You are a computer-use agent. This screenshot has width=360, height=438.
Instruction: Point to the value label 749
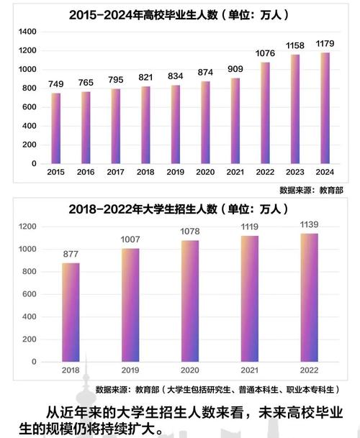pos(55,84)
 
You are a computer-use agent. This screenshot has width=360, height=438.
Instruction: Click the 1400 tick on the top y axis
pos(27,32)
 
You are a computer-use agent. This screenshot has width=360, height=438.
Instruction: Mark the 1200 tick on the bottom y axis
pos(27,227)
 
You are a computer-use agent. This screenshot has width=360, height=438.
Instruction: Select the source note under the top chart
pos(310,191)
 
